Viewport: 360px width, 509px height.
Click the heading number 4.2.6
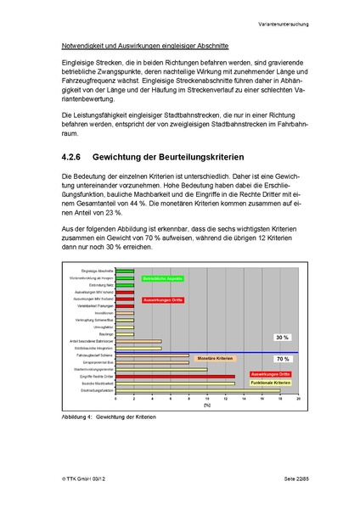[76, 157]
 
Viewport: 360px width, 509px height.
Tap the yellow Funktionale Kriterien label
[270, 383]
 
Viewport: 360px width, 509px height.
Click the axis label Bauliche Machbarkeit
[95, 383]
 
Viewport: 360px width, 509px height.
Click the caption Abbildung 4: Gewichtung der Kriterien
[110, 417]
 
